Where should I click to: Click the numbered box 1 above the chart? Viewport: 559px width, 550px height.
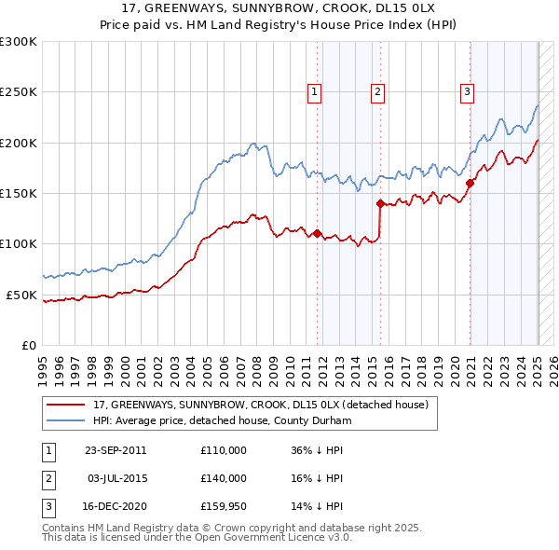(315, 91)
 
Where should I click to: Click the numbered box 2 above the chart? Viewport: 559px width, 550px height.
(377, 91)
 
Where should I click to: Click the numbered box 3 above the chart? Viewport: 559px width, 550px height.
(466, 91)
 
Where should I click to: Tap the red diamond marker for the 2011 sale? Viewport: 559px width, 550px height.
(317, 233)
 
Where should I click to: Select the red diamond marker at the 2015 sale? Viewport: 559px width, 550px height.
(380, 203)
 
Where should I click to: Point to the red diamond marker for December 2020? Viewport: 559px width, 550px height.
(470, 183)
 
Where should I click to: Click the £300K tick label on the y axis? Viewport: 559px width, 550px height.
(19, 42)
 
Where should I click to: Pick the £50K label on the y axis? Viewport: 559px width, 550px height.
(21, 295)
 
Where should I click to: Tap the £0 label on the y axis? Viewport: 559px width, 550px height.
(28, 345)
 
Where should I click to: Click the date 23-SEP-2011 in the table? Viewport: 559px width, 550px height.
(116, 450)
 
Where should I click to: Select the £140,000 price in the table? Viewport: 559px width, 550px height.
(224, 478)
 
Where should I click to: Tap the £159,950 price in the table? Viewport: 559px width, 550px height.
(224, 507)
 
